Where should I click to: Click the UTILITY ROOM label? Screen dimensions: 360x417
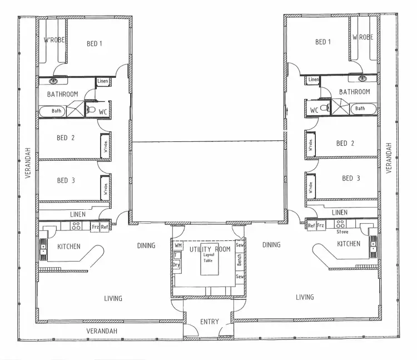point(210,249)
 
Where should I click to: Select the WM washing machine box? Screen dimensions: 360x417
point(178,245)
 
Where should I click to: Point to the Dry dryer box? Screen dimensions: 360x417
point(176,265)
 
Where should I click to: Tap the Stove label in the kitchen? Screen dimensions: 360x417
point(342,231)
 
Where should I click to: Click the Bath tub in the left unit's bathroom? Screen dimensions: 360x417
point(56,111)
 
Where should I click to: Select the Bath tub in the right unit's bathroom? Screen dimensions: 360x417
point(360,109)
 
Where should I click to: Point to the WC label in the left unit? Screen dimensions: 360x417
point(102,112)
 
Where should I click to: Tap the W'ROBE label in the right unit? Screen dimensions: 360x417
point(362,37)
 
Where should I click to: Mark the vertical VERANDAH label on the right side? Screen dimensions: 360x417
point(389,157)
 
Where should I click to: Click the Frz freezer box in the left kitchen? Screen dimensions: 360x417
point(95,226)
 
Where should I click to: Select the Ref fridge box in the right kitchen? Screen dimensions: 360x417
point(311,225)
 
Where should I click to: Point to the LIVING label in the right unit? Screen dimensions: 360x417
point(305,297)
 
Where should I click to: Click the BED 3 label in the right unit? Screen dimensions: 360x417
point(351,178)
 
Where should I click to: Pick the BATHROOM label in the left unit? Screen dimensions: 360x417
point(62,94)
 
